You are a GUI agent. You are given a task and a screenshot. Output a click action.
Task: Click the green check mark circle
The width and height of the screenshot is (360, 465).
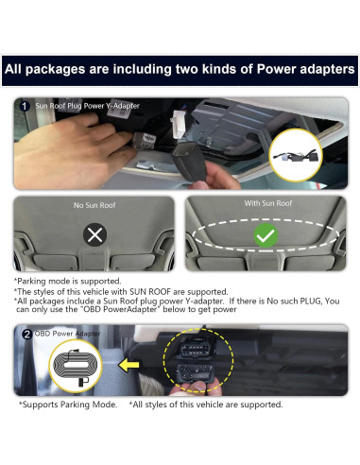click(266, 235)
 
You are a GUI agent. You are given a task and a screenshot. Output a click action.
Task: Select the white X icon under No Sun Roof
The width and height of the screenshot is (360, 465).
click(94, 234)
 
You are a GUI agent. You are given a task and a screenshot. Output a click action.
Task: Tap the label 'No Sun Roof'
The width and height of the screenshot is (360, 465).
click(94, 204)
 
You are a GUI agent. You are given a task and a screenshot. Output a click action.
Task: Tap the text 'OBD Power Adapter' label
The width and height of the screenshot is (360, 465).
click(67, 334)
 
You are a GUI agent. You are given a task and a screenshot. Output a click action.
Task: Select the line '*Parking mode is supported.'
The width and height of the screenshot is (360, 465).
click(67, 281)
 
